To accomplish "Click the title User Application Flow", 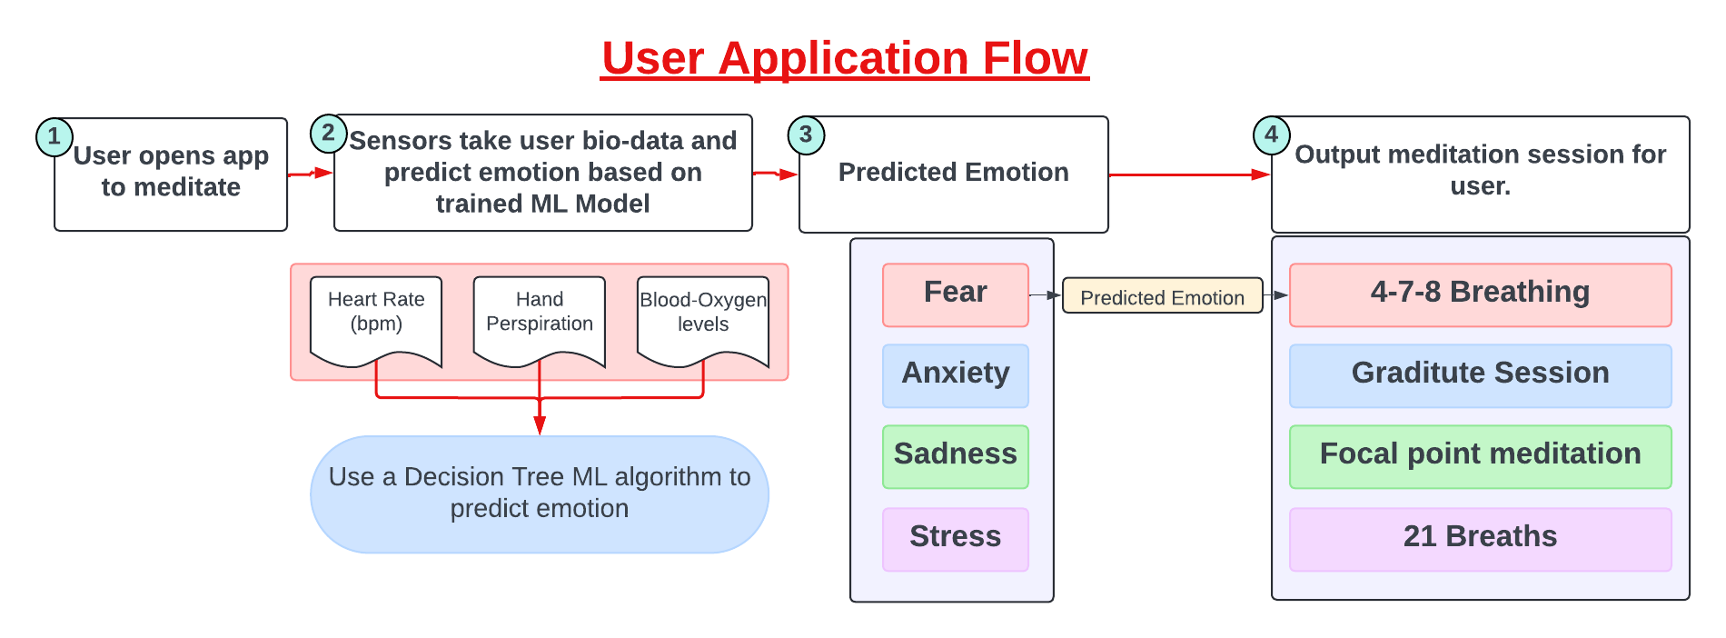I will pos(844,58).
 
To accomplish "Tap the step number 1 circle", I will pos(55,136).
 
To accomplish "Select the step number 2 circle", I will pos(328,133).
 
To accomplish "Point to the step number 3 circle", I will pos(806,135).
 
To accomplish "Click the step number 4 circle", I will pos(1271,135).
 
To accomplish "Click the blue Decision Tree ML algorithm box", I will pos(540,493).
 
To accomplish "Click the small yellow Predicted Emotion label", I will pos(1162,296).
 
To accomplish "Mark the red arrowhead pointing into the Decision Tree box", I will pos(540,425).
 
